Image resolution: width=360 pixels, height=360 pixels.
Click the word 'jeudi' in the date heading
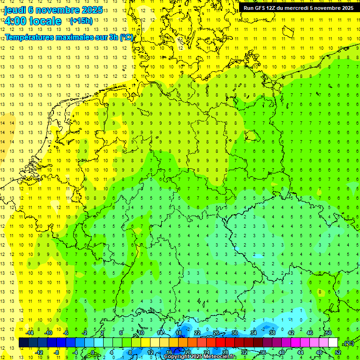point(15,10)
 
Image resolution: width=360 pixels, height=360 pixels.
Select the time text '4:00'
point(15,21)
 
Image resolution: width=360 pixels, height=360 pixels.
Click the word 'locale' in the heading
point(45,21)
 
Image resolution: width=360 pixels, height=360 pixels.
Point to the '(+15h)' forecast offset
point(81,21)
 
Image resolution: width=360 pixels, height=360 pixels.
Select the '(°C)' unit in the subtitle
point(126,37)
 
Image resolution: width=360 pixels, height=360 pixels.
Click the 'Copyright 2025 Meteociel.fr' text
point(200,357)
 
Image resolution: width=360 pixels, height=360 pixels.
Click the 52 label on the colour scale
point(337,352)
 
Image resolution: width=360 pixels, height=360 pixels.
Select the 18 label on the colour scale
point(179,333)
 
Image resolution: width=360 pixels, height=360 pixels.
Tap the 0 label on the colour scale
point(93,352)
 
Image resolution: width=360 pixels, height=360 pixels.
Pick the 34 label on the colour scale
point(254,333)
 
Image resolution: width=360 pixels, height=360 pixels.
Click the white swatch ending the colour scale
point(333,343)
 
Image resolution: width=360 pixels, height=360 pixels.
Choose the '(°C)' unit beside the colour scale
point(349,343)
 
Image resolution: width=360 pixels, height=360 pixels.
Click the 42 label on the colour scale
point(291,333)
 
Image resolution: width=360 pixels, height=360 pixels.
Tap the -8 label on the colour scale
point(56,352)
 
